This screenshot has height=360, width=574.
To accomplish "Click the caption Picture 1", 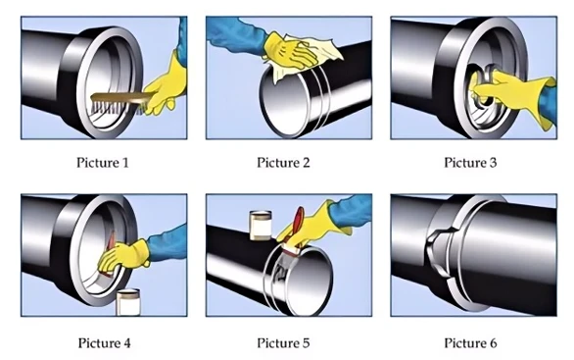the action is tap(103, 163).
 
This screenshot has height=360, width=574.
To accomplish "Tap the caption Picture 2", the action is tap(283, 163).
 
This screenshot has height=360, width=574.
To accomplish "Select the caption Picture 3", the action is tap(470, 163).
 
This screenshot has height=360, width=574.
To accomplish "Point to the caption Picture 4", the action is tap(104, 343).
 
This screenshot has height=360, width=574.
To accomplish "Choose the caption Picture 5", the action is tap(283, 343).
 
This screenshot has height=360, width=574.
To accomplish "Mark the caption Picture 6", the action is tap(470, 343).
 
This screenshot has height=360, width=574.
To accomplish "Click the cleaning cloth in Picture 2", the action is tap(308, 55).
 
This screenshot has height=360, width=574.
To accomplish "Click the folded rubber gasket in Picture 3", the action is tap(484, 85).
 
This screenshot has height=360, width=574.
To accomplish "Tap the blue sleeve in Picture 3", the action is tap(548, 103).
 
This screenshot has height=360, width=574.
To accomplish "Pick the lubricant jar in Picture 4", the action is tap(128, 302).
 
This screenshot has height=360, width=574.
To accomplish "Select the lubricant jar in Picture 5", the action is tap(261, 225).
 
